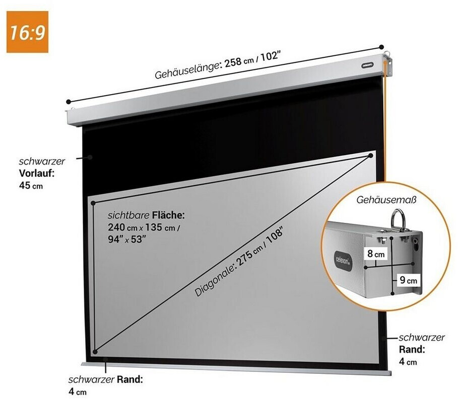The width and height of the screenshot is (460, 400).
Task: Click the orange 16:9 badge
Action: click(x=27, y=32)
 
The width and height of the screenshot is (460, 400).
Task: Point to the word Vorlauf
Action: click(x=37, y=173)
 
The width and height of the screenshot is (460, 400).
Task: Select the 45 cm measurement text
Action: click(x=31, y=186)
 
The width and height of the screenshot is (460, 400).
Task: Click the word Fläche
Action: click(x=168, y=215)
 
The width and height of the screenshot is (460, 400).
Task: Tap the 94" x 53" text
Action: click(x=127, y=239)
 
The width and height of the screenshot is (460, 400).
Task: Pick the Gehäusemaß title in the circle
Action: click(x=386, y=200)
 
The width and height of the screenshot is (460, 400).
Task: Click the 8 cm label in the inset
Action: click(x=376, y=254)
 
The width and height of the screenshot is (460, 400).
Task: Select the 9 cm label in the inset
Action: click(x=409, y=280)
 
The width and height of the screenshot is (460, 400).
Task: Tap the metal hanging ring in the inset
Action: click(x=398, y=220)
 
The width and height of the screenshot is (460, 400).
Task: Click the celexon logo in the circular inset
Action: click(x=343, y=259)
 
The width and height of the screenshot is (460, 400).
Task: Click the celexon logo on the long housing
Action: click(x=367, y=65)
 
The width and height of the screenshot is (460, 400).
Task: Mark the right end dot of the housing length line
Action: click(x=381, y=47)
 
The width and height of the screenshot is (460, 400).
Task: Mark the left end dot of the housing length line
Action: click(x=69, y=102)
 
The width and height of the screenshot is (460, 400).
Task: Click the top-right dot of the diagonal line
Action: click(x=370, y=155)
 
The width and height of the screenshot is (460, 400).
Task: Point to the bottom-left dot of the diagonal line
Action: click(x=95, y=352)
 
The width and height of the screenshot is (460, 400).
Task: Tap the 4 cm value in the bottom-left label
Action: click(x=78, y=392)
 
